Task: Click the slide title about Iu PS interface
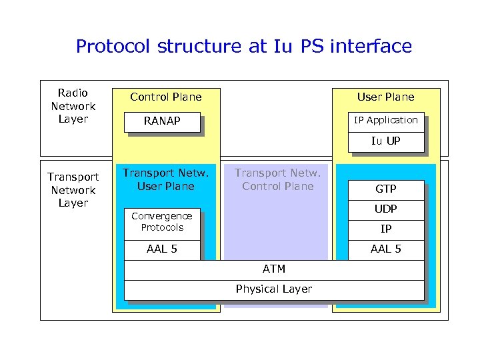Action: [x=243, y=46]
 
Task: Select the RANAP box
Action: [x=163, y=122]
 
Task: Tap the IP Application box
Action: [x=385, y=121]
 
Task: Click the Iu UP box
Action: [x=385, y=141]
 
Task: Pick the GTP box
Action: [x=385, y=189]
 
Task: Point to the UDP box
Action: [x=385, y=209]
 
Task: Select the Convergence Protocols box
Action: [x=161, y=222]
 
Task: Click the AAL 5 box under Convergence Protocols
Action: [x=161, y=249]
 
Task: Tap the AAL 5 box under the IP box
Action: [x=385, y=249]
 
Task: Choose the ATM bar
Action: [x=273, y=269]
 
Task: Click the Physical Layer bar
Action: [x=273, y=289]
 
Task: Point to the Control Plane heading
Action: [x=165, y=97]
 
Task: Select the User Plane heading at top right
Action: [x=385, y=97]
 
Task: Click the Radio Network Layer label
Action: [x=73, y=106]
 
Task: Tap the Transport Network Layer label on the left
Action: [x=73, y=190]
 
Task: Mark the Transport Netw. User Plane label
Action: [x=165, y=180]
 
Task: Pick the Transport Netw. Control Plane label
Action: [x=277, y=180]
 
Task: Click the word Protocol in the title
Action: [x=114, y=46]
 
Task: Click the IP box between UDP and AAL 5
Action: [x=385, y=229]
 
